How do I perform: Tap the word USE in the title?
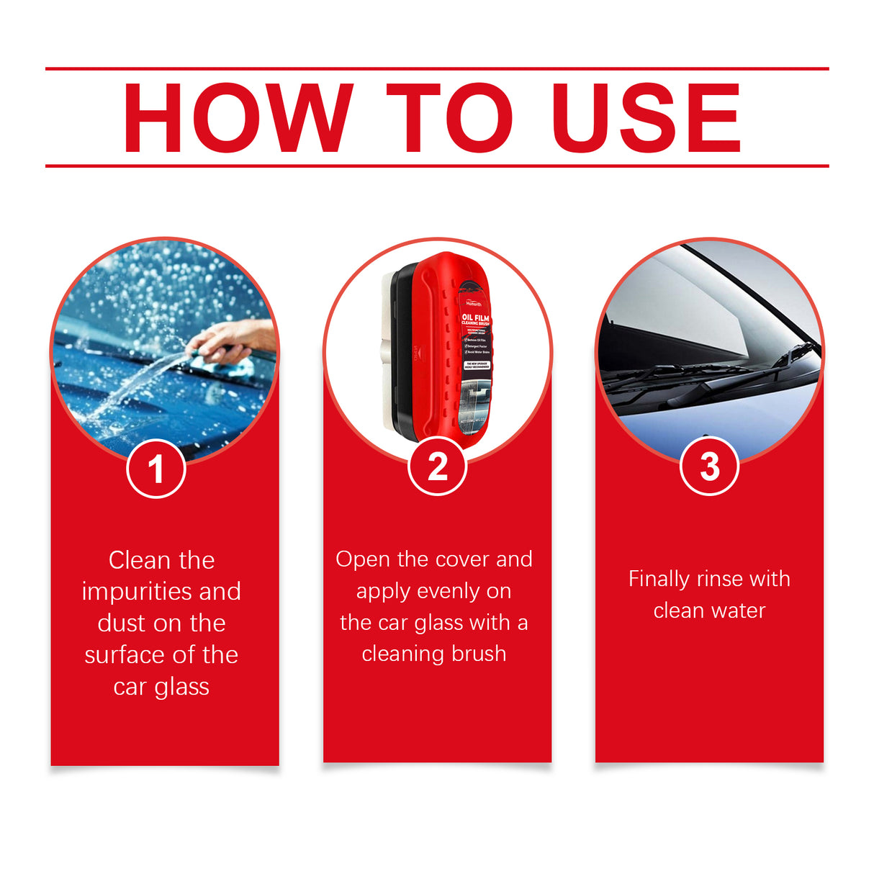coord(646,118)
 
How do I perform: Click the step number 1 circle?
coord(156,469)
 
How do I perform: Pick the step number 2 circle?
coord(437,467)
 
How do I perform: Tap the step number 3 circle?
coord(709,467)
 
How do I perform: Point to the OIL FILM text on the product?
coord(475,317)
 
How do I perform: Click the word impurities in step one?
coord(137,592)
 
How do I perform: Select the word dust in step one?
coord(121,623)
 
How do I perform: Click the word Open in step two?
coord(363,559)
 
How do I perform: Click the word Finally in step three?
coord(659,579)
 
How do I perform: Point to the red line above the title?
coord(437,69)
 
